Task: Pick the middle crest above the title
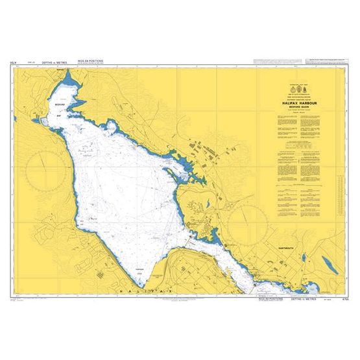tap(298, 87)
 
